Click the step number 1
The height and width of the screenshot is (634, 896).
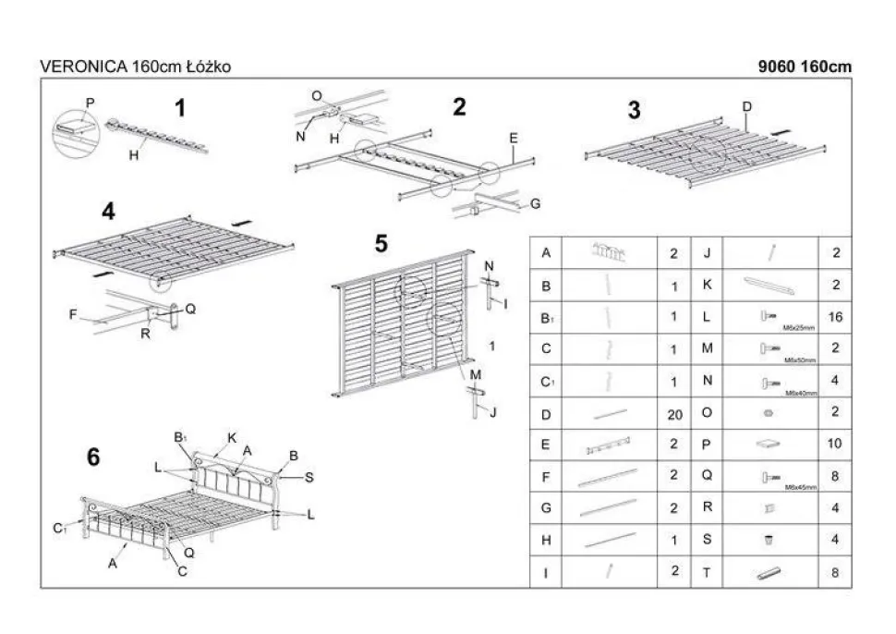pos(180,108)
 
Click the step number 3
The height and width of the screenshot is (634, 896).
pos(634,110)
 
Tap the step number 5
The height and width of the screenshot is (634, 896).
pos(381,245)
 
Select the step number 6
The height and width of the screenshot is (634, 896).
pos(93,457)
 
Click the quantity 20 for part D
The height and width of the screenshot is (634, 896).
pos(675,415)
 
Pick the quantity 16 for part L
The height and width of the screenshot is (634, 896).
pos(835,317)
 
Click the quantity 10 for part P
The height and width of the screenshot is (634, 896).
pos(835,445)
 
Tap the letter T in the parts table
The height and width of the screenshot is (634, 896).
pos(707,573)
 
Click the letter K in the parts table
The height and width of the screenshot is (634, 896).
pos(707,285)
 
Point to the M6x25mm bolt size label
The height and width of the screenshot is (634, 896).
pos(797,326)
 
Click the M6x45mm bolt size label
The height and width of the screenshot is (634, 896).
pos(797,486)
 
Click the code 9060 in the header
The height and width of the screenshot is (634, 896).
pos(774,67)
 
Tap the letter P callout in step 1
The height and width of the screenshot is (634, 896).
pos(91,101)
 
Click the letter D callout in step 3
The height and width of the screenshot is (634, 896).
pos(746,106)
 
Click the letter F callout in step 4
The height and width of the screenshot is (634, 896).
pos(73,315)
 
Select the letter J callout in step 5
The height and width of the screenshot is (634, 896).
pos(494,411)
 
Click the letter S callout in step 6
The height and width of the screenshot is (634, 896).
pos(309,477)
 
